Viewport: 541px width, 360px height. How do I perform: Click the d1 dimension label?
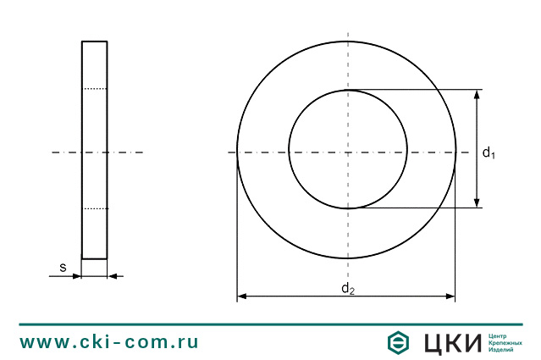coord(489,152)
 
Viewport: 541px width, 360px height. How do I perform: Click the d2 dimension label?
coord(347,289)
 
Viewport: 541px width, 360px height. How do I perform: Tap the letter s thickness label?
coord(63,268)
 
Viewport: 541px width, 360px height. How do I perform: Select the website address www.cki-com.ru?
coord(109,342)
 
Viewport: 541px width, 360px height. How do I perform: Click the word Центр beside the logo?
coord(500,335)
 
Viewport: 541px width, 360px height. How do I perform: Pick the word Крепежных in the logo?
coord(506,342)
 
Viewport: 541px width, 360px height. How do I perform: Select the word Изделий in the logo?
coord(503,350)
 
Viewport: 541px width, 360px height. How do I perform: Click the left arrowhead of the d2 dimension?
coord(242,296)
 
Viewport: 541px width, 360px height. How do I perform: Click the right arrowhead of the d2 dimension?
coord(450,296)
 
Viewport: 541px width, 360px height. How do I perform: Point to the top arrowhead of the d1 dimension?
coord(477,94)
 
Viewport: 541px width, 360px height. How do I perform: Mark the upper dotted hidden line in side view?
coord(95,89)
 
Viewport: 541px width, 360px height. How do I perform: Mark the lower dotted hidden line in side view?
coord(95,208)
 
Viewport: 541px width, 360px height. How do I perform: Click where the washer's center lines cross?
coord(347,152)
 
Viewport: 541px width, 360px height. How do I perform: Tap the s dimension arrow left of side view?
coord(76,275)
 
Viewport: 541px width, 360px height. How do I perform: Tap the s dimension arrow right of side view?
coord(113,275)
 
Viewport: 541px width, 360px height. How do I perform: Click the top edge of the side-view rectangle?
coord(95,41)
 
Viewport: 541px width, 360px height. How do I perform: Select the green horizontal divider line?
coord(271,324)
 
